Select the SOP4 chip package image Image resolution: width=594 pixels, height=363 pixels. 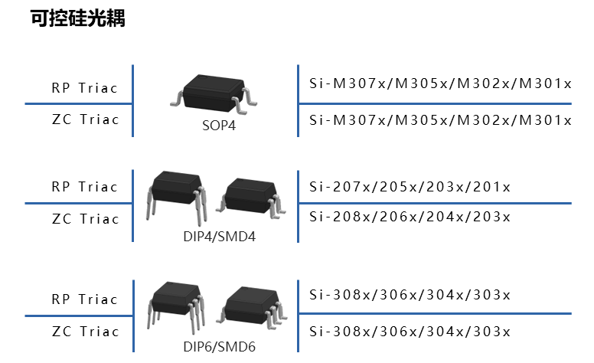pos(214,93)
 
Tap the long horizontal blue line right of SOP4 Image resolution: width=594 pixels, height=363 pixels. pos(435,103)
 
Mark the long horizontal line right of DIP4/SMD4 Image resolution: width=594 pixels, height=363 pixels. pos(435,204)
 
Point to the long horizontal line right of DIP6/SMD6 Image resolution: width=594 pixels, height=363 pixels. pos(435,313)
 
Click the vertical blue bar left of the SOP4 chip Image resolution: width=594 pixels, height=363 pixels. pos(133,100)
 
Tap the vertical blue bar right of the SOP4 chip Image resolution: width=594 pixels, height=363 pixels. pos(298,100)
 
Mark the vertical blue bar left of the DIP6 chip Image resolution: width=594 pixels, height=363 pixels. pos(133,315)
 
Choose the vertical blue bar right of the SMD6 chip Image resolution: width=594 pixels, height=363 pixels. pos(298,315)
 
